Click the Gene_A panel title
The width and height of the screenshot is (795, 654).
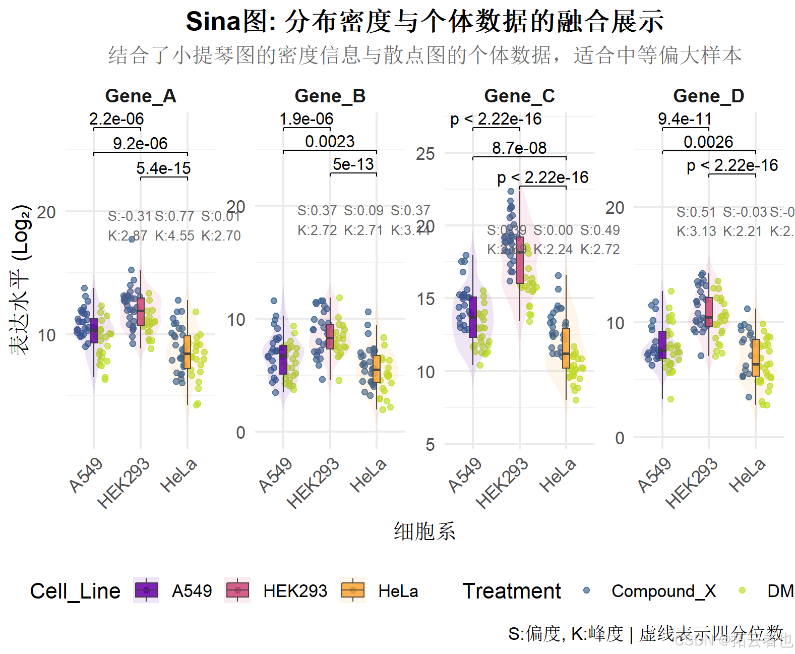pos(140,96)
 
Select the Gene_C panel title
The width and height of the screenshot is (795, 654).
pos(519,96)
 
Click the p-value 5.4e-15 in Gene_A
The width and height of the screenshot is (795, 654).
pos(163,168)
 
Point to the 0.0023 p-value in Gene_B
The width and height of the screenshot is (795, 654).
pos(330,142)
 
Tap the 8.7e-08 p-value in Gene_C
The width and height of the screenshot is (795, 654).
pos(519,148)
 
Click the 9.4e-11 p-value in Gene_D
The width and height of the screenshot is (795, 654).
pos(685,119)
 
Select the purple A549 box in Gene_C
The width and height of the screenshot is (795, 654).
pos(473,317)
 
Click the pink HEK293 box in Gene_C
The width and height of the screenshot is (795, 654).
pos(520,260)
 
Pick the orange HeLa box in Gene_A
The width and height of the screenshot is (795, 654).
pos(187,352)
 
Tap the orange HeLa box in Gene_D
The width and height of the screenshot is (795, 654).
pos(755,358)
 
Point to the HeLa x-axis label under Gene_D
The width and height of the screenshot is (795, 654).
pos(747,475)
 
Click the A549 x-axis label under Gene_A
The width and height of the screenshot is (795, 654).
pos(86,474)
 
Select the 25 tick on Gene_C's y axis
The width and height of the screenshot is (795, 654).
pos(425,154)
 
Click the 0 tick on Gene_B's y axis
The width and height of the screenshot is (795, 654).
pos(240,433)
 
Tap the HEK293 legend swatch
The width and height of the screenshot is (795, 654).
pos(238,590)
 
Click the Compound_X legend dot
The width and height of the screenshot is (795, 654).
pos(586,590)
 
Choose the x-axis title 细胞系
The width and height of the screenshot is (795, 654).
pos(424,531)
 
